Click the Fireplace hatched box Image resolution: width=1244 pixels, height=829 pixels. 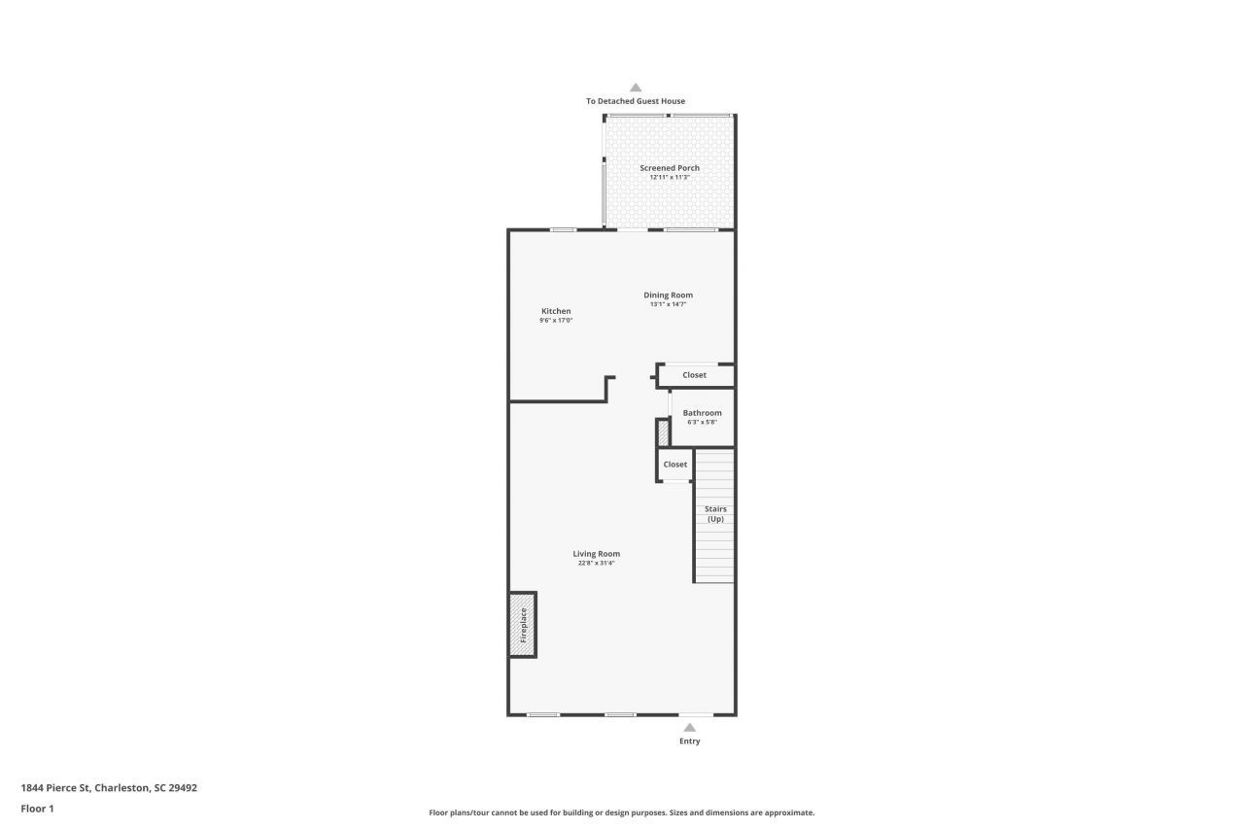pyautogui.click(x=523, y=624)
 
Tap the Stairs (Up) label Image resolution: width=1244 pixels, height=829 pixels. pyautogui.click(x=715, y=514)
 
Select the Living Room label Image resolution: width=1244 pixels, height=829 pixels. pyautogui.click(x=596, y=554)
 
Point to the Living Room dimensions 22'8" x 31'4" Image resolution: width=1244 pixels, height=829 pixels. pyautogui.click(x=596, y=564)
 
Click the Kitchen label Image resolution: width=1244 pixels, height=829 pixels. pyautogui.click(x=556, y=311)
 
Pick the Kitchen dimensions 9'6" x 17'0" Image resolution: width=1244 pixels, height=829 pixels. pyautogui.click(x=556, y=321)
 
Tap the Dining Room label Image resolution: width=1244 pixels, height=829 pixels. pyautogui.click(x=669, y=295)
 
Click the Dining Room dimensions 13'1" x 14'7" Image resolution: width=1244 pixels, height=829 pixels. pyautogui.click(x=669, y=305)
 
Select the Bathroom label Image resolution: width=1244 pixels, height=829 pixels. pyautogui.click(x=702, y=413)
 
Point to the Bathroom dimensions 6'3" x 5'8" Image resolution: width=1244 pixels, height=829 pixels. pyautogui.click(x=702, y=423)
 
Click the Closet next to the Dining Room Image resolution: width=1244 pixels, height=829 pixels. pyautogui.click(x=694, y=375)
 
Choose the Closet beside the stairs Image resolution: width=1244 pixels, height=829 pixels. pyautogui.click(x=674, y=465)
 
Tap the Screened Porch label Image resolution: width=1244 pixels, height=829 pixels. pyautogui.click(x=670, y=168)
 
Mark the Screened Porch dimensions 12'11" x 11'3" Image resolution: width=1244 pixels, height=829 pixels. pyautogui.click(x=670, y=178)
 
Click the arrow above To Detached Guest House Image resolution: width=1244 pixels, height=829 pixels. pyautogui.click(x=636, y=87)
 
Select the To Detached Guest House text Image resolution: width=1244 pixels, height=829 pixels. pyautogui.click(x=636, y=101)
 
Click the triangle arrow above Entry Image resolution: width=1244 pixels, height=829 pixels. pyautogui.click(x=689, y=727)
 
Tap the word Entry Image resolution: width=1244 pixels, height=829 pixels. pyautogui.click(x=689, y=742)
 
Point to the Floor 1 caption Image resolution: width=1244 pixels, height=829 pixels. pyautogui.click(x=38, y=809)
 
